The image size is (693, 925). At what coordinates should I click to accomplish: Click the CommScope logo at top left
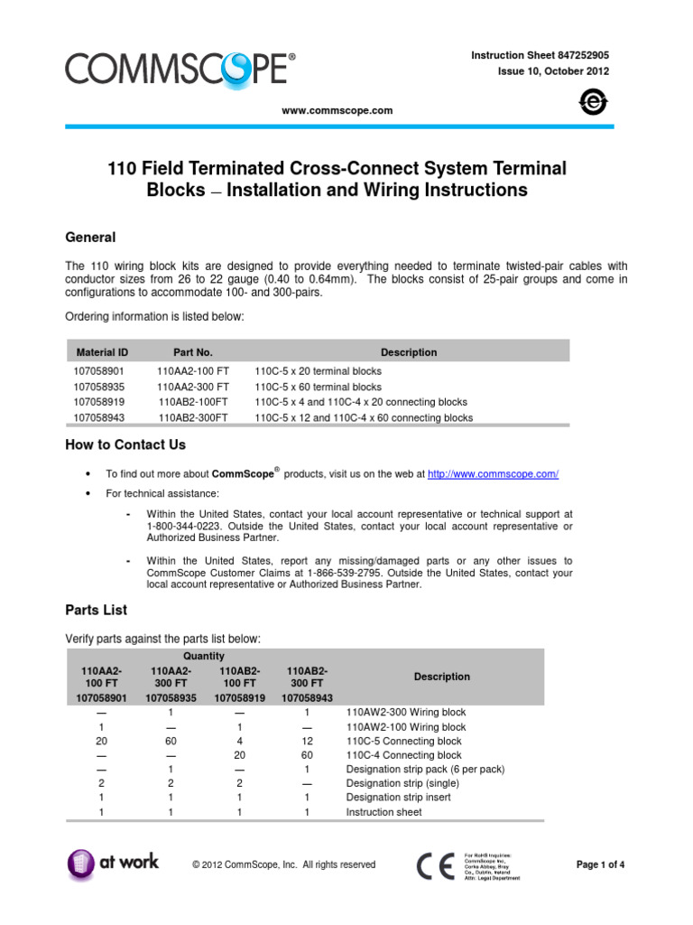coord(179,69)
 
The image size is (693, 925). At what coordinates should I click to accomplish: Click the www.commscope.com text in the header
coord(337,110)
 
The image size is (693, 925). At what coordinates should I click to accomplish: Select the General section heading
coord(90,237)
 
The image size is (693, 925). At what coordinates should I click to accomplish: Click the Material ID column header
coord(102,352)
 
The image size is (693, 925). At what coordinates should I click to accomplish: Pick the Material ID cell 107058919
coord(99,402)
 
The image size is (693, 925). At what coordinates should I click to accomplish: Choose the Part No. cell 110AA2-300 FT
coord(193,387)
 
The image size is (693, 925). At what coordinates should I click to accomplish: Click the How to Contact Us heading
coord(125,444)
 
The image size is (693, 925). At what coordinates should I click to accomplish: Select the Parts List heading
coord(97,610)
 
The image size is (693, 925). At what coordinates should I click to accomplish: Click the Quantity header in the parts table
coord(203,657)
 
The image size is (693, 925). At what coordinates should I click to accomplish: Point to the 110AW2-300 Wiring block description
coord(406,712)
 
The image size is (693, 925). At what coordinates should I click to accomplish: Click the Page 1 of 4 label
coord(600,864)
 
